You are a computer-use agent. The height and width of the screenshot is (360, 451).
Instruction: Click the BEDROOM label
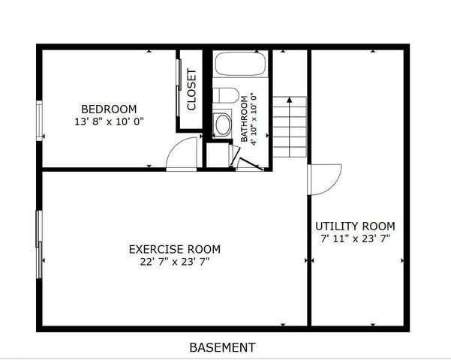point(109,109)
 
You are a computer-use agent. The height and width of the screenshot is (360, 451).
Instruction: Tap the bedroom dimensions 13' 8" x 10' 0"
point(109,121)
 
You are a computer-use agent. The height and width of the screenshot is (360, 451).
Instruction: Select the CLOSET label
point(191,89)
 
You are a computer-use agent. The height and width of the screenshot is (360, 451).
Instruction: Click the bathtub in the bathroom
point(240,64)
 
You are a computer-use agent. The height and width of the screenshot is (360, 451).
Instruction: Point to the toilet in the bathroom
point(226,95)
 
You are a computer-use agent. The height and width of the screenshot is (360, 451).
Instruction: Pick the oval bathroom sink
point(223,124)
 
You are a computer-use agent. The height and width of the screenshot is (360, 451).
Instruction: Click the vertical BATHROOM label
point(244,118)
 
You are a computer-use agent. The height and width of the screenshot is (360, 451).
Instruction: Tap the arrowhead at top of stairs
point(290,100)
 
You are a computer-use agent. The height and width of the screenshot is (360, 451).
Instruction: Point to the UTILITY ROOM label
point(355,226)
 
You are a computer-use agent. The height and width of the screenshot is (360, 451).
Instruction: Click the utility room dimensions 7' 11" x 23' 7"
point(355,238)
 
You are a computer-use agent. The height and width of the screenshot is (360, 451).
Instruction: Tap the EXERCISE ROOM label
point(175,249)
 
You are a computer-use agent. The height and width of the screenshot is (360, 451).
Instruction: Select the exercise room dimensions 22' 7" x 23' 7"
point(175,262)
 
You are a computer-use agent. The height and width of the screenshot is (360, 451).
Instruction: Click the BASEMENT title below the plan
point(222,347)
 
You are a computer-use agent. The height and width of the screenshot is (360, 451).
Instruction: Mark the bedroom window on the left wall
point(40,121)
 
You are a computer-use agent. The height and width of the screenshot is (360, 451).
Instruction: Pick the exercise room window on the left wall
point(39,244)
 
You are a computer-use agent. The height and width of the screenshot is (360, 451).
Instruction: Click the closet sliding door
point(179,88)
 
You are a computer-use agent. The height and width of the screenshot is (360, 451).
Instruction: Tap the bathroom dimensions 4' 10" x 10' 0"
point(253,118)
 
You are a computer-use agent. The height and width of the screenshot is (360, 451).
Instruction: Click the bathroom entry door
point(251,164)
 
